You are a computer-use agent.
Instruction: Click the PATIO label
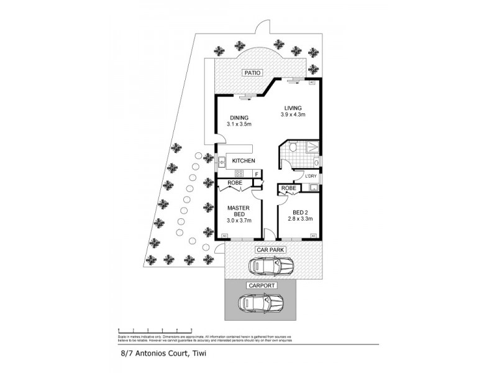click(x=252, y=73)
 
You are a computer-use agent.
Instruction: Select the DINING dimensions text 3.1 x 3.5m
click(x=239, y=125)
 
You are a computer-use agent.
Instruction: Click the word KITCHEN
click(x=244, y=161)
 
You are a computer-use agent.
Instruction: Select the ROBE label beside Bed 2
click(x=288, y=188)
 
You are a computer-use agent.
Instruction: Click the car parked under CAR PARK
click(x=271, y=267)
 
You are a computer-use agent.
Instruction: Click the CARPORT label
click(x=261, y=286)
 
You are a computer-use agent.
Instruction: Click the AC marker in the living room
click(x=312, y=82)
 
